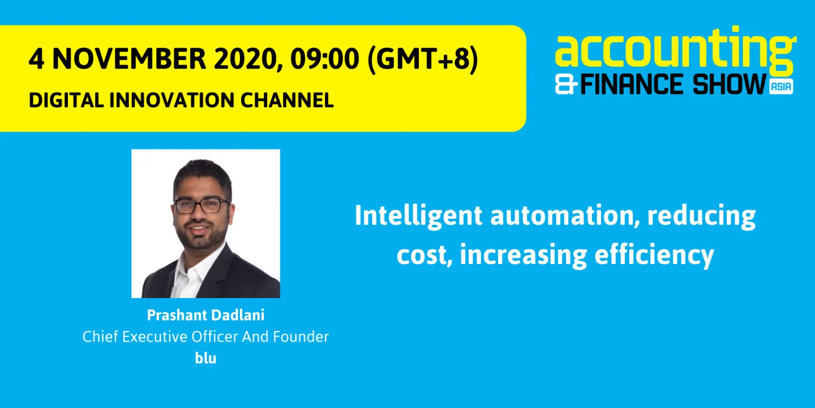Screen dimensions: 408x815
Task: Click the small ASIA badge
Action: pyautogui.click(x=781, y=86)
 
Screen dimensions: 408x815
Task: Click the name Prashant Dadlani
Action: pyautogui.click(x=205, y=316)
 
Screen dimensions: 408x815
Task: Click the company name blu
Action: pyautogui.click(x=205, y=358)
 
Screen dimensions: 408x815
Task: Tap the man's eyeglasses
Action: pyautogui.click(x=202, y=205)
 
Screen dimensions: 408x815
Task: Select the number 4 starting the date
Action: pyautogui.click(x=36, y=59)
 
